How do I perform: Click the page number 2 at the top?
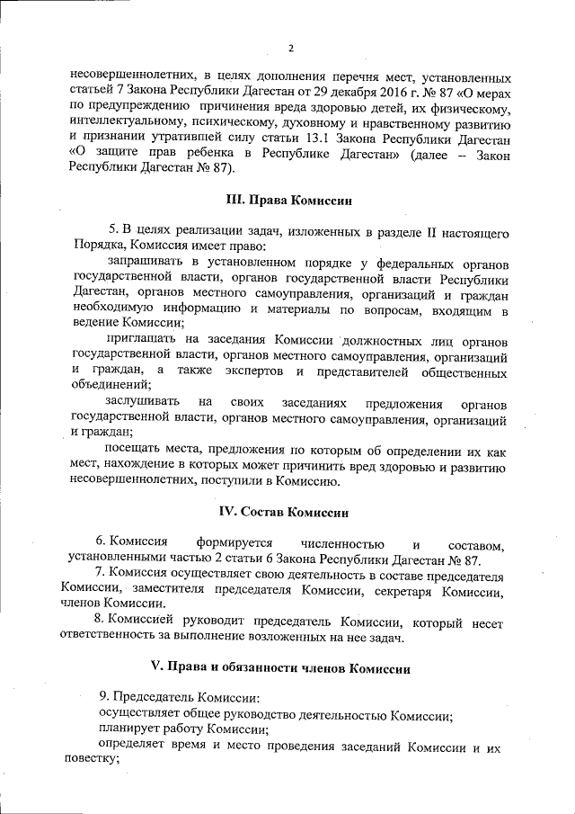tap(290, 48)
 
